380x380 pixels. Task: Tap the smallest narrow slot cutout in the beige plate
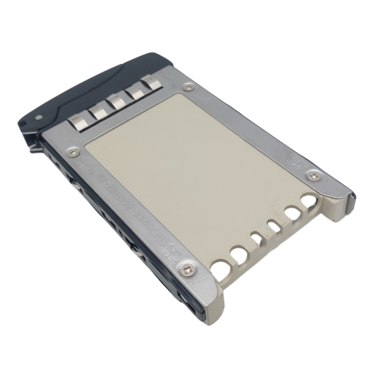click(256, 239)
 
